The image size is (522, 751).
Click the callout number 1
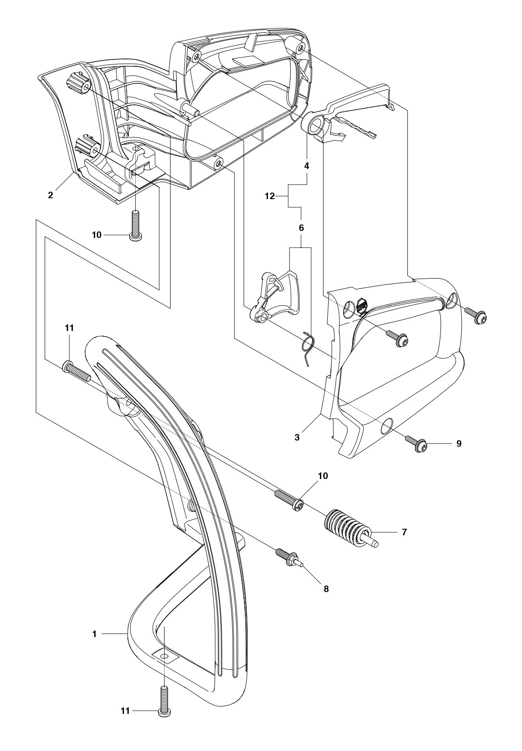point(94,634)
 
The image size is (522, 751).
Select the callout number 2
point(51,195)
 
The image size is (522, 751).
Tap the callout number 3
point(297,437)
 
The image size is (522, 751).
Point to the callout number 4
point(307,166)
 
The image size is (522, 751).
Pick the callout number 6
point(301,228)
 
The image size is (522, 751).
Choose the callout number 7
point(404,532)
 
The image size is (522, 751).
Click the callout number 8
point(326,589)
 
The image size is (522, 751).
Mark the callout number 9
point(459,444)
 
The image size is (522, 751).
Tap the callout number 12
point(270,196)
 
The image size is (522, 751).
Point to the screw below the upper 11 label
point(77,370)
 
